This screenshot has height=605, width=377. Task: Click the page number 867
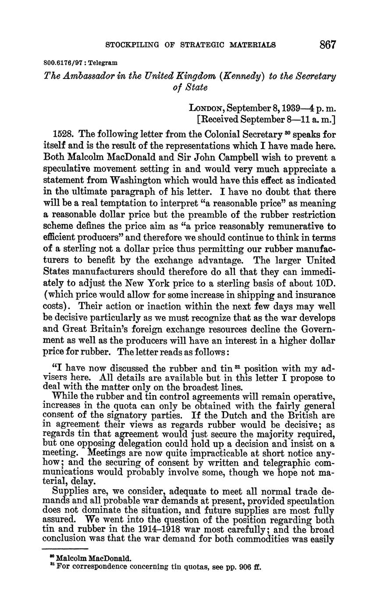[x=327, y=44]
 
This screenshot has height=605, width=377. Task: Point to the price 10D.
[x=325, y=283]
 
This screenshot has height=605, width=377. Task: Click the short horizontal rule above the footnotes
[x=65, y=548]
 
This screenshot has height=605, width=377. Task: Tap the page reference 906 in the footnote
[x=238, y=566]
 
